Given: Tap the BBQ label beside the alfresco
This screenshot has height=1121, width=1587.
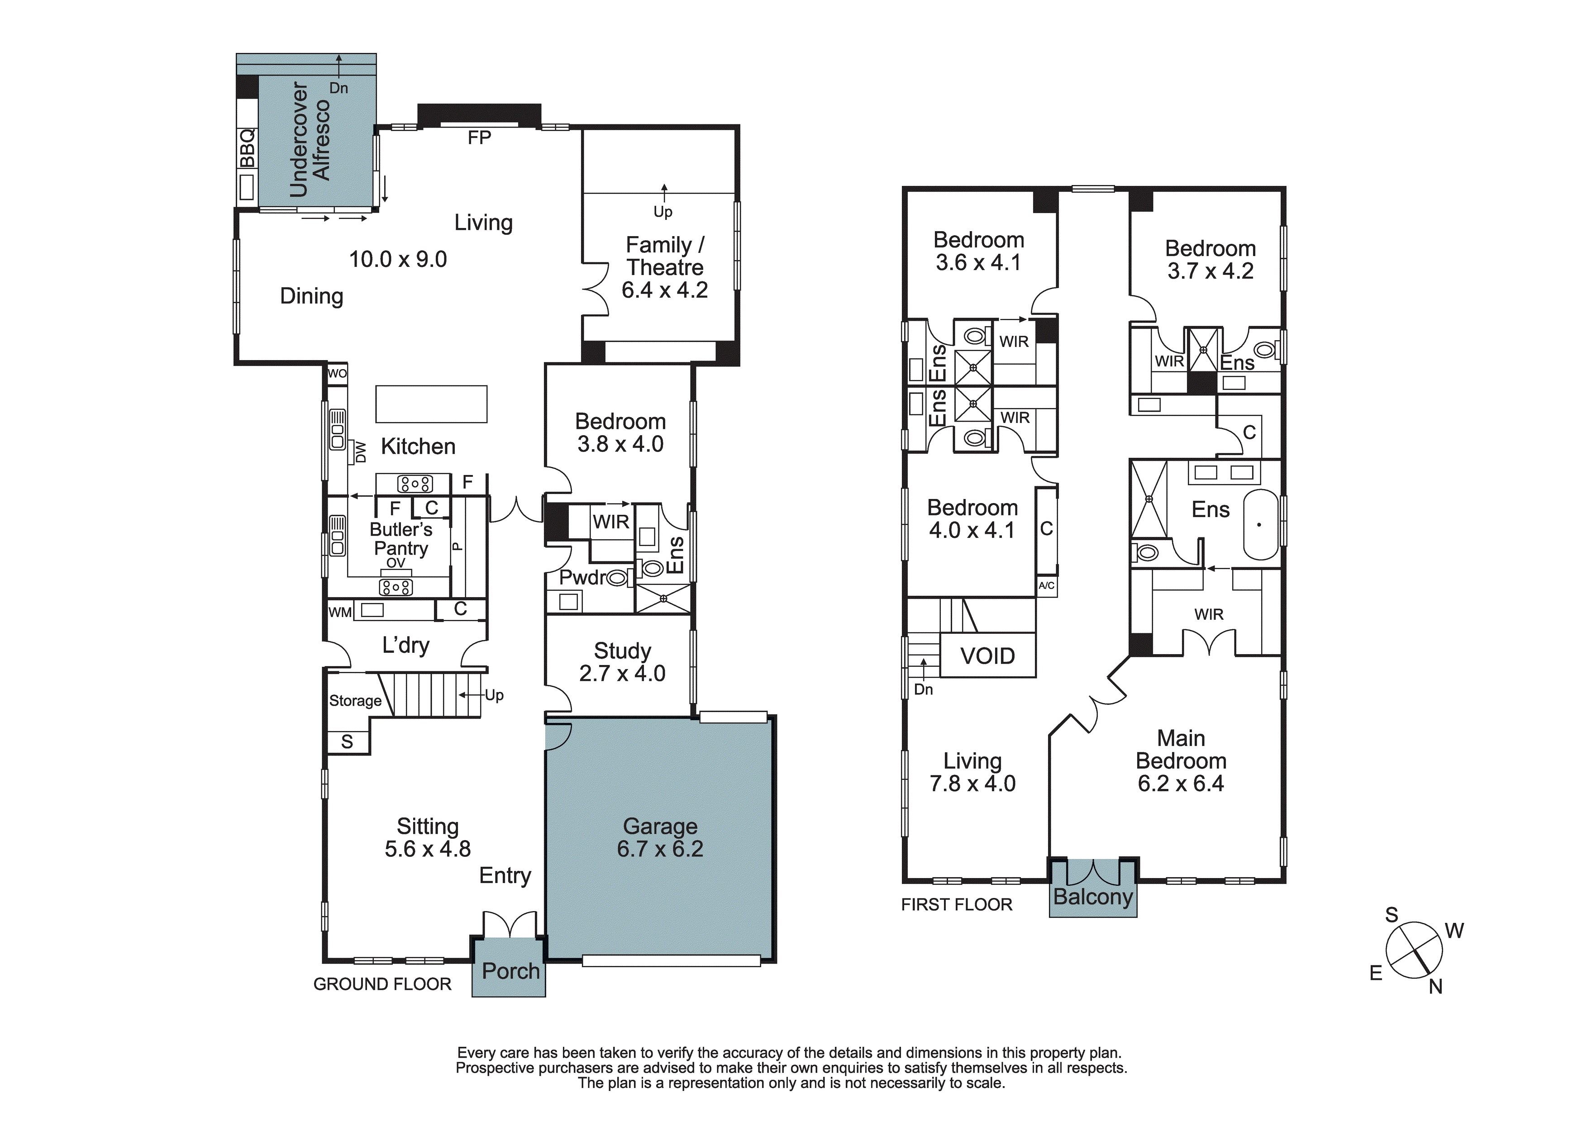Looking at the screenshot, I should pyautogui.click(x=247, y=148).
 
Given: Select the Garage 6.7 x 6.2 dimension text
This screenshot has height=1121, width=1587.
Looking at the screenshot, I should pyautogui.click(x=660, y=849).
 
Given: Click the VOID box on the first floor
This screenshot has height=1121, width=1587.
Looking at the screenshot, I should pyautogui.click(x=988, y=656).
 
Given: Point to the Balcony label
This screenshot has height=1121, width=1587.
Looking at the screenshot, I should pyautogui.click(x=1093, y=897).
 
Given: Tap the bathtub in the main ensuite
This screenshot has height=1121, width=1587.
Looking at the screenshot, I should pyautogui.click(x=1262, y=525).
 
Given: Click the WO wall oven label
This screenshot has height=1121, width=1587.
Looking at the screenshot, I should pyautogui.click(x=337, y=374).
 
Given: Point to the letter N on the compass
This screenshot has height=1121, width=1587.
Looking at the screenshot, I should pyautogui.click(x=1435, y=987).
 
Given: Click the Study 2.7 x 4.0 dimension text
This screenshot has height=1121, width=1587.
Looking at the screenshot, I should pyautogui.click(x=622, y=673).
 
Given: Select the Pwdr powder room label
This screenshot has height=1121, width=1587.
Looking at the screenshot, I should pyautogui.click(x=583, y=577).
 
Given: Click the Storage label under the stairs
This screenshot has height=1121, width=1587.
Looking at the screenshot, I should pyautogui.click(x=355, y=701).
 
